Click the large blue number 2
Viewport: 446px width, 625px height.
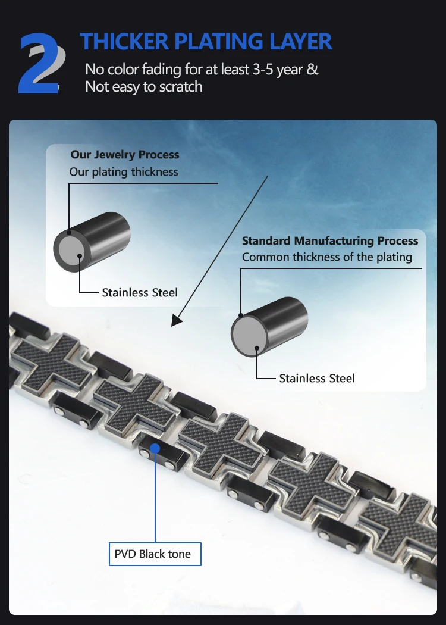pyautogui.click(x=39, y=64)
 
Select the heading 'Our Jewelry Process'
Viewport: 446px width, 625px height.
pyautogui.click(x=124, y=155)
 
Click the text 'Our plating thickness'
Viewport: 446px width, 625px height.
pyautogui.click(x=124, y=172)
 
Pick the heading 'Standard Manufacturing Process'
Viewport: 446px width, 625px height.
pyautogui.click(x=330, y=241)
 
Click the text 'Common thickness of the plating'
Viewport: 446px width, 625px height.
pyautogui.click(x=327, y=257)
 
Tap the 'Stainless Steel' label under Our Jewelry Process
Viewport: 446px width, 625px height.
pyautogui.click(x=140, y=292)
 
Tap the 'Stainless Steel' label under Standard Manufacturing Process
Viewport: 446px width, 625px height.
pyautogui.click(x=317, y=378)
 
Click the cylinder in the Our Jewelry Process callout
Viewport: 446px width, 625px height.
pyautogui.click(x=93, y=242)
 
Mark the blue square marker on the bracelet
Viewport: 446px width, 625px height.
pyautogui.click(x=155, y=448)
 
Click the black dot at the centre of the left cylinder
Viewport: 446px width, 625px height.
pyautogui.click(x=80, y=255)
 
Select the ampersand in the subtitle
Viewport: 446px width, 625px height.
pyautogui.click(x=312, y=69)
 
